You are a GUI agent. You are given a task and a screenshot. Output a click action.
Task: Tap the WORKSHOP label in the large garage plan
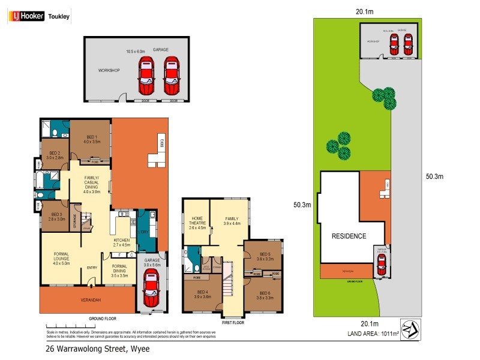pos(110,70)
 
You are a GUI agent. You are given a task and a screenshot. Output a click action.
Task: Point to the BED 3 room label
pos(56,217)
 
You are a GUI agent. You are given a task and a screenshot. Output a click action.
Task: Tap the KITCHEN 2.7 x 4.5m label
pos(122,242)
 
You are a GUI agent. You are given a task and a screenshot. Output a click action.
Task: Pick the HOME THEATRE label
pos(198,221)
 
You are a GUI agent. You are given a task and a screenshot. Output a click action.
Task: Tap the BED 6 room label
pos(265,294)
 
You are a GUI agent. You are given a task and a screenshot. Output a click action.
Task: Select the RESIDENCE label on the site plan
pos(349,236)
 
